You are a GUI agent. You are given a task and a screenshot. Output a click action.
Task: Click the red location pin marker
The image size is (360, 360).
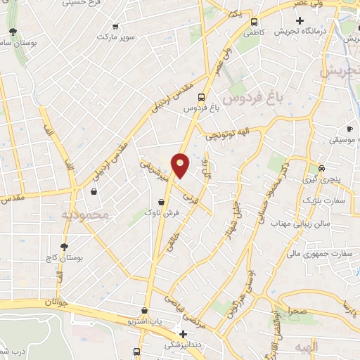pos(181,165)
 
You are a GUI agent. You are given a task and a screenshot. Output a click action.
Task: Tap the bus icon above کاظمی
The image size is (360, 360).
pos(254,21)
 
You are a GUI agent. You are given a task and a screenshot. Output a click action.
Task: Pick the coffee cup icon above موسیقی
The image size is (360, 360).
pos(349,129)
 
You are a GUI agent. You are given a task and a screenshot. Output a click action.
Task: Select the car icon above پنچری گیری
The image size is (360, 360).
pos(321,169)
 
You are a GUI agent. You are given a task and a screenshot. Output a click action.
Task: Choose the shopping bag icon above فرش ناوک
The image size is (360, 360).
pos(162,202)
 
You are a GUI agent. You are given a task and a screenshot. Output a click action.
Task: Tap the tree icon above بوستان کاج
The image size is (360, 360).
pos(65,247)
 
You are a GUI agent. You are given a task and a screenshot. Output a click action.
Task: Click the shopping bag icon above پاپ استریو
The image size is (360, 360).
pos(145,310)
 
